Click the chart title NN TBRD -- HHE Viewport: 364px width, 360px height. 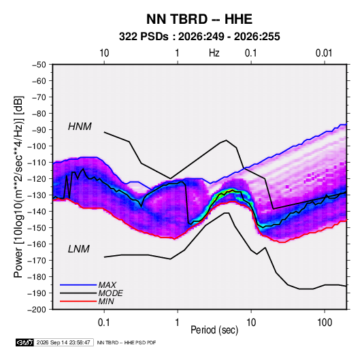[x=199, y=19]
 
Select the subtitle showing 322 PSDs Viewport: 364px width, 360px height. [x=199, y=37]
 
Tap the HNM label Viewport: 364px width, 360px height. [x=80, y=127]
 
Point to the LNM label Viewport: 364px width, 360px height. [x=79, y=249]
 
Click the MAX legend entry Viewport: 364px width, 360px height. [x=107, y=284]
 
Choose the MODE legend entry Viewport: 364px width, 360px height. [x=110, y=293]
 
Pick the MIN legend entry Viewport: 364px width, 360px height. [x=106, y=301]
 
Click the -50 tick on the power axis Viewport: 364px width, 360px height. [x=39, y=65]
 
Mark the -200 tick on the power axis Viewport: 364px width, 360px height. [x=37, y=310]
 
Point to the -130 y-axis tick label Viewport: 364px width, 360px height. [x=37, y=195]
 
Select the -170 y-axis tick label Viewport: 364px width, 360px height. [x=37, y=261]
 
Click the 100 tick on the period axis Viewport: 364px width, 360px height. [x=325, y=323]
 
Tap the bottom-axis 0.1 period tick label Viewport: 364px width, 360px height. [x=104, y=323]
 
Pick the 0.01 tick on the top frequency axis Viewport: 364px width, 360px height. [x=324, y=53]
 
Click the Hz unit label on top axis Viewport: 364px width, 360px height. [x=214, y=53]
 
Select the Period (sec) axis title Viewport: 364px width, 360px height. [x=214, y=330]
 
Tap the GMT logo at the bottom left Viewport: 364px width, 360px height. [x=25, y=342]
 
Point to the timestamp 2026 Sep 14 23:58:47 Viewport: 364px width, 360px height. [x=63, y=342]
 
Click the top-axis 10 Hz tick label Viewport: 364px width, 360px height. [x=104, y=53]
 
